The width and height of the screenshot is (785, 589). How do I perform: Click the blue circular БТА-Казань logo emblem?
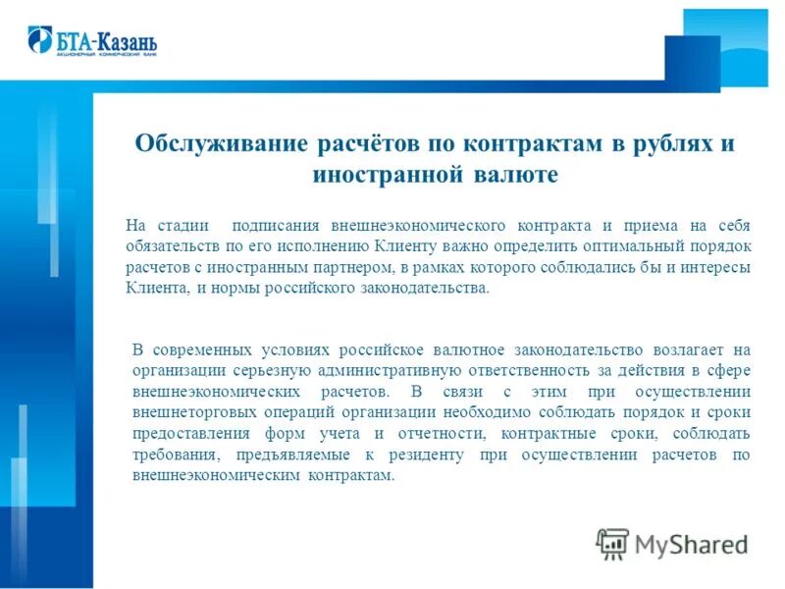(x=40, y=39)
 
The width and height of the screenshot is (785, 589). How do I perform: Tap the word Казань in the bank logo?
(x=127, y=41)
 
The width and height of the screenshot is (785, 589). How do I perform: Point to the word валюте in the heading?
(x=512, y=175)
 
